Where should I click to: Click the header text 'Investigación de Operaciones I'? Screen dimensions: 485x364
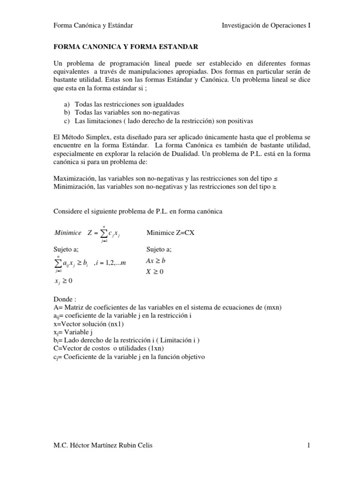tap(266, 25)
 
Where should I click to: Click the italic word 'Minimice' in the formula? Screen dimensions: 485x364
tap(68, 233)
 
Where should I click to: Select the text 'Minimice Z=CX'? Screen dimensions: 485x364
tap(171, 233)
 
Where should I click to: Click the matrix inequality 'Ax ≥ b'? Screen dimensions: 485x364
tap(156, 261)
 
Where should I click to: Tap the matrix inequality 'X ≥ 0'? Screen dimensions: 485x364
tap(155, 272)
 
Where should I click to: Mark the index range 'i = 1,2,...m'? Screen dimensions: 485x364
tap(110, 263)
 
